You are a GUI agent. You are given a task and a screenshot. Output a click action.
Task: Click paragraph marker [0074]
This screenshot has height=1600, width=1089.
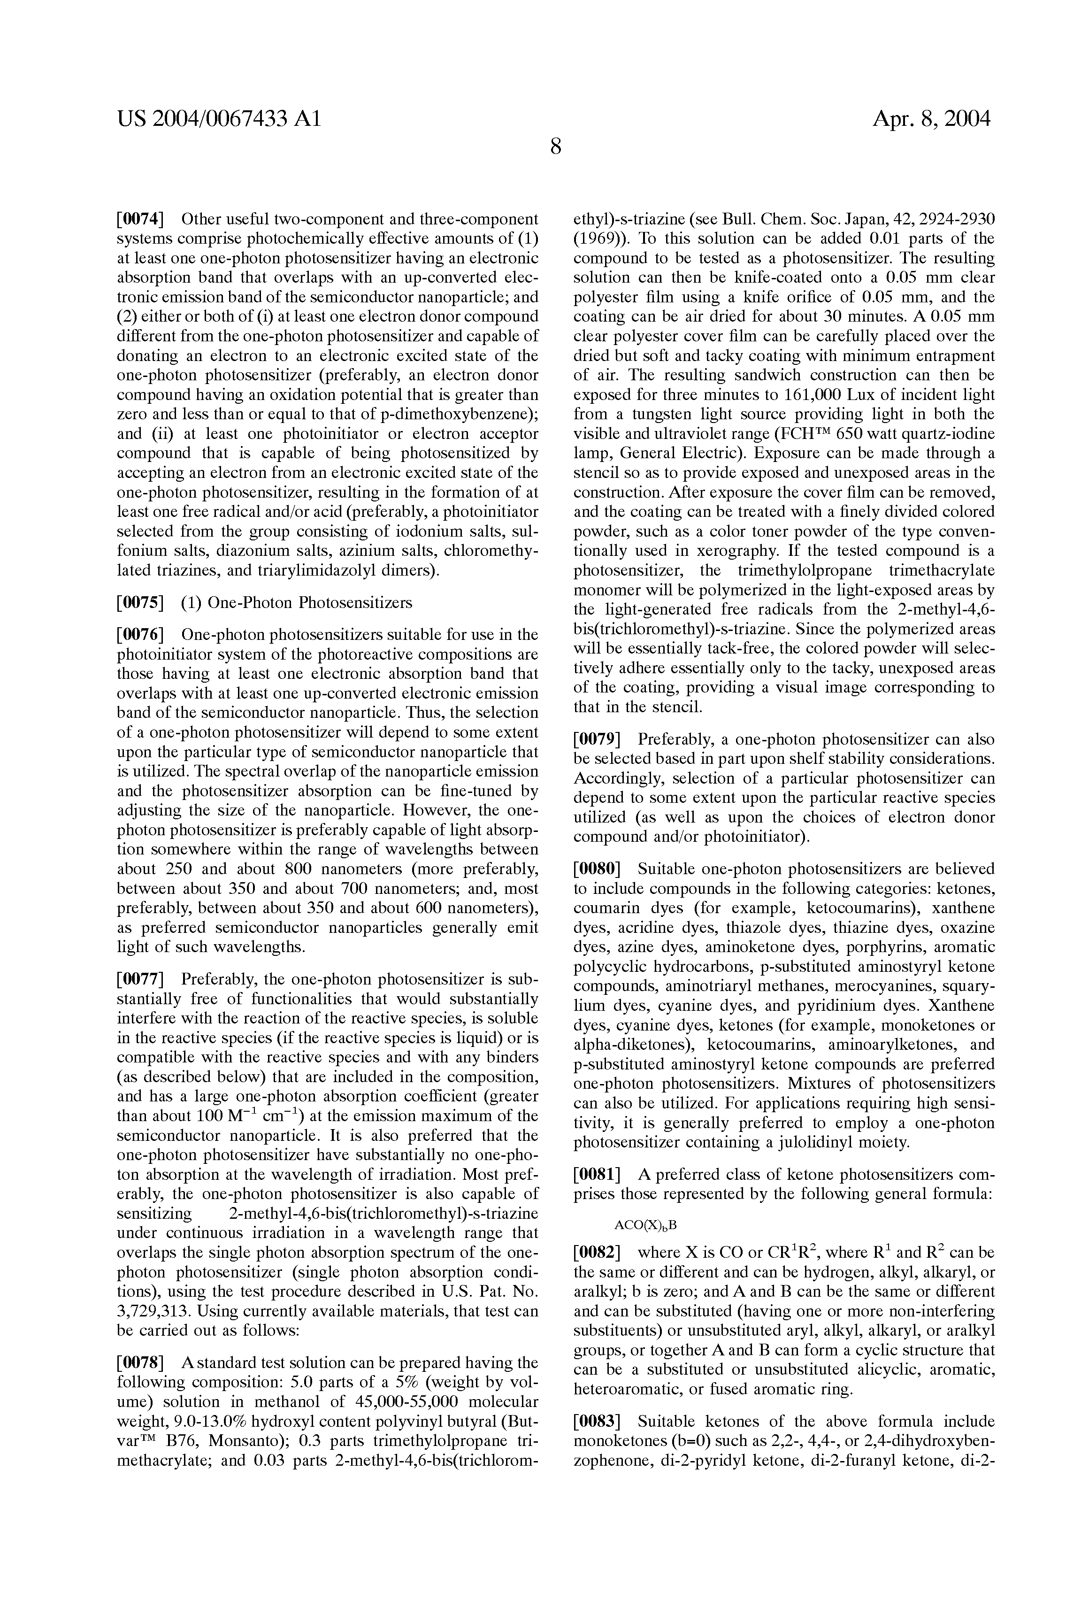140,220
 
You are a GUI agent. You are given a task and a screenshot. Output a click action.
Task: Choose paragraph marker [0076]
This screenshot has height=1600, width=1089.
140,634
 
